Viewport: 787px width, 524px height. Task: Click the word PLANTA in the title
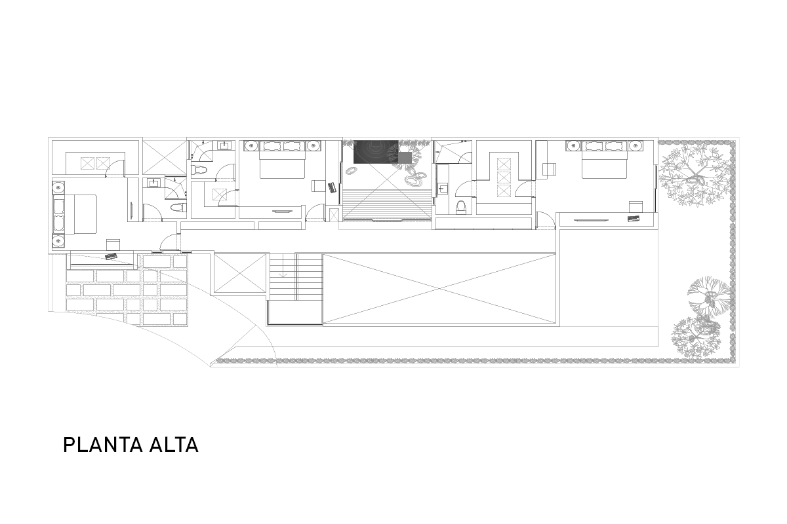click(x=103, y=445)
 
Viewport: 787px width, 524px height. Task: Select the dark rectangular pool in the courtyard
click(x=376, y=151)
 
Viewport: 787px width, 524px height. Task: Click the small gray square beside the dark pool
click(x=405, y=158)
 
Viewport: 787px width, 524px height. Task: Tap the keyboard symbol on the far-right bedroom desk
click(x=634, y=218)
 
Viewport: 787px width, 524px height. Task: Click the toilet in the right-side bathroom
click(x=460, y=208)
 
